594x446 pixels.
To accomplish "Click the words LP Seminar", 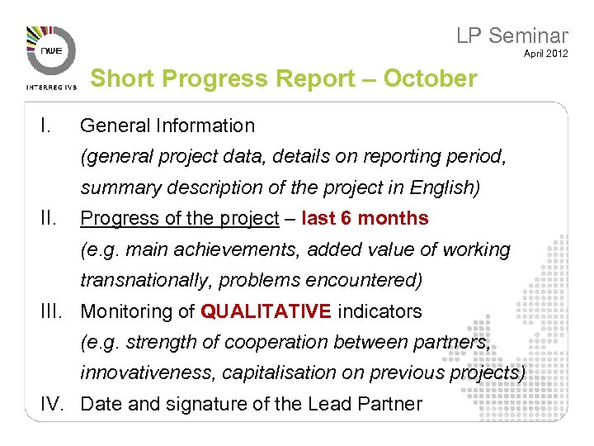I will click(511, 36).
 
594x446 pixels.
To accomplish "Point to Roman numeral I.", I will click(45, 126).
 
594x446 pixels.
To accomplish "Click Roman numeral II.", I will click(48, 218).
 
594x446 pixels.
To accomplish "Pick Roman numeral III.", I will click(50, 311).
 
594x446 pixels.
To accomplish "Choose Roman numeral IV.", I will click(52, 404).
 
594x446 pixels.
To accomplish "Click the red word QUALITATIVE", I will click(266, 311).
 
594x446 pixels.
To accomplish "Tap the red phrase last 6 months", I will click(365, 218).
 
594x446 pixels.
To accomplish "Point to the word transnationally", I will click(146, 280).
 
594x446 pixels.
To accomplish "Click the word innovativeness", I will click(148, 373).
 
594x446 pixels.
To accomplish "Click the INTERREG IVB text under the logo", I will click(52, 86).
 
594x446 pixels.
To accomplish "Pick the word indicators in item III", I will click(379, 311).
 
